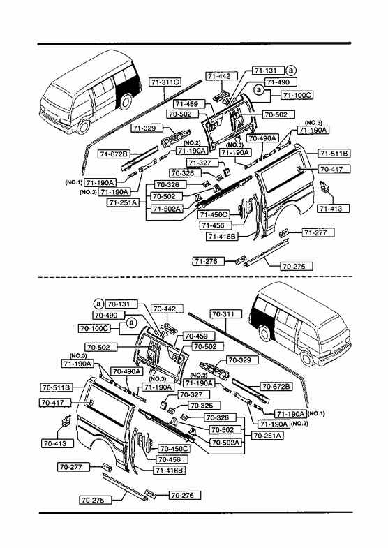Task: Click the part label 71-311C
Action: coord(165,82)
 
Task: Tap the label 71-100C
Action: coord(297,95)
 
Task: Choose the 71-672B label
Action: coord(114,154)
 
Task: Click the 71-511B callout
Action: coord(334,154)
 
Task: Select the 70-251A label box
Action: coord(267,436)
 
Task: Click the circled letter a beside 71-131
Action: coord(291,71)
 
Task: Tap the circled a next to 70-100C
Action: coord(132,323)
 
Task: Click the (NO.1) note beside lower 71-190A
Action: coord(316,413)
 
